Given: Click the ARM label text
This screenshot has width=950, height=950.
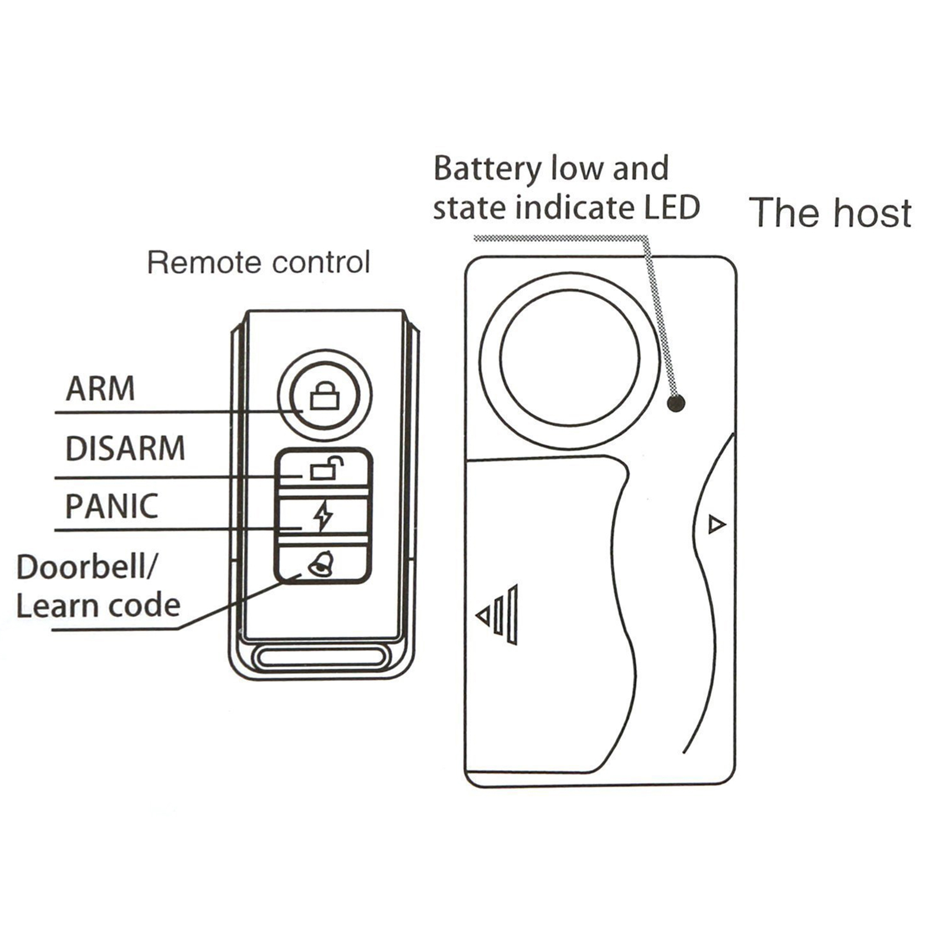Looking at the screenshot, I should point(100,388).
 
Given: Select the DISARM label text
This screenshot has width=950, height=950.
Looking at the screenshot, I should point(125,448).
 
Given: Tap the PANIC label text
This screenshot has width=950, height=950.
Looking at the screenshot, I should point(112,506).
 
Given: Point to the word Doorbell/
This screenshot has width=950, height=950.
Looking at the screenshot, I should point(86,567).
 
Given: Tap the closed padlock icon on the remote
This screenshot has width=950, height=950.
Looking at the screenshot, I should point(325,395).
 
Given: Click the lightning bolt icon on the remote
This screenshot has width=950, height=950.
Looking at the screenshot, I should point(324,515).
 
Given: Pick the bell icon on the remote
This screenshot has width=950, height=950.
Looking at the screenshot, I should point(321,563).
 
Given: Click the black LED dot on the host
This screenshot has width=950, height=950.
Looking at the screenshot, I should point(676,404).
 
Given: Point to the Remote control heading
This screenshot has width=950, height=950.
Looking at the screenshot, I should point(258,262).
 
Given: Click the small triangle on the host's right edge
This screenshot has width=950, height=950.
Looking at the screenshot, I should point(717,524).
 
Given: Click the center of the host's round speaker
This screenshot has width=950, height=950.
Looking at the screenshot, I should point(569,358).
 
